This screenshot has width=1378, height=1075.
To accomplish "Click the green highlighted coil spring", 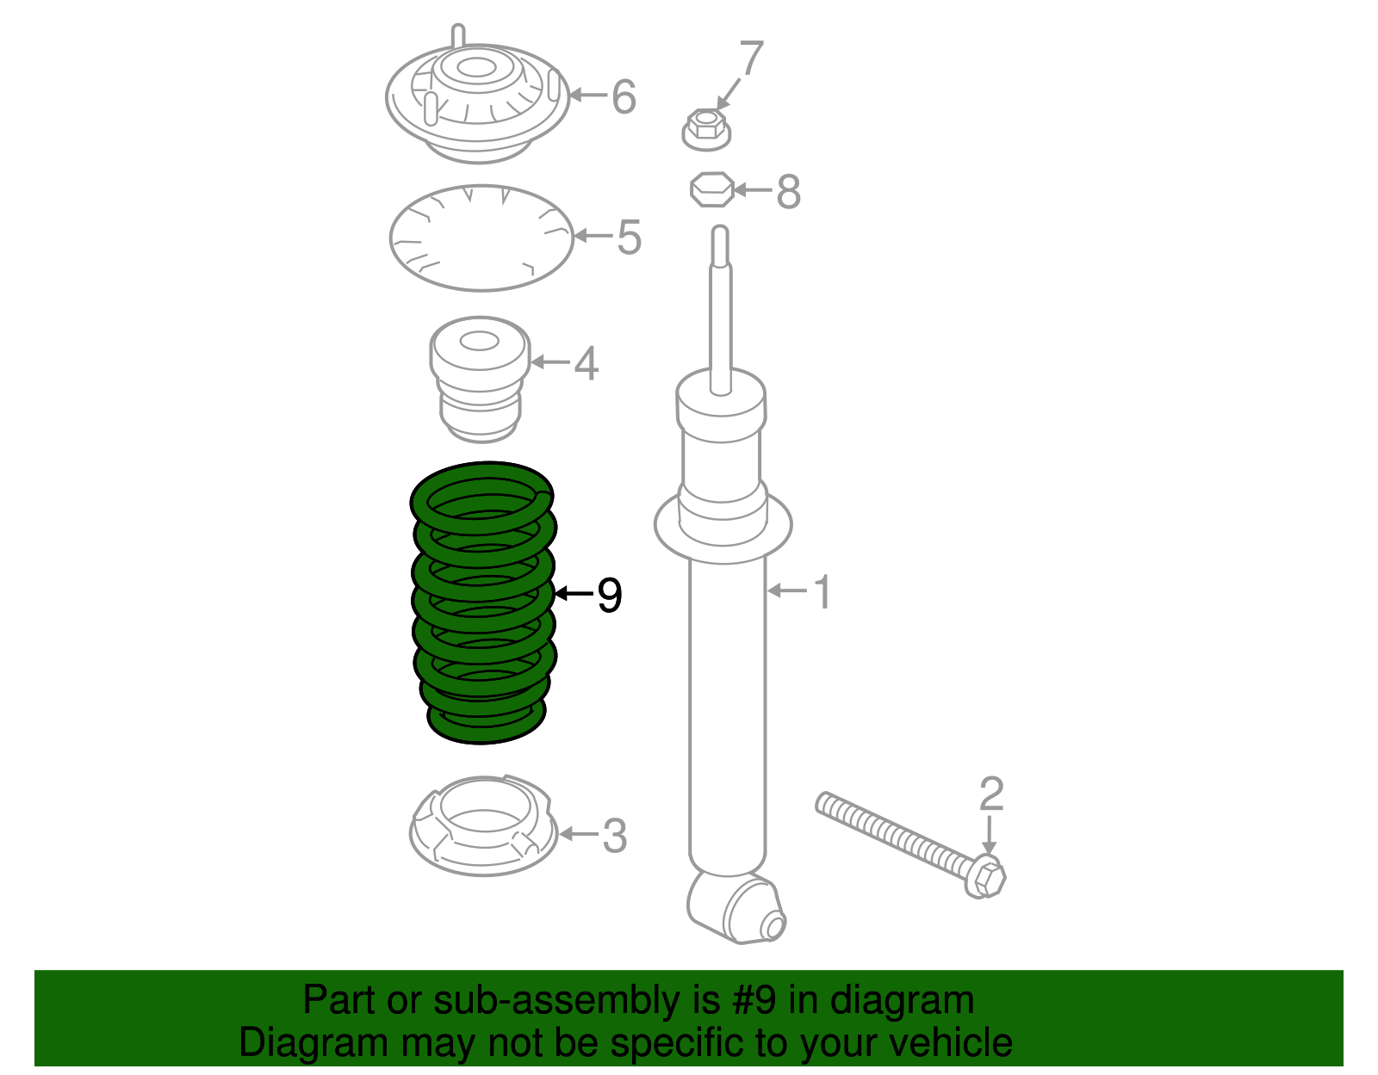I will (x=482, y=602).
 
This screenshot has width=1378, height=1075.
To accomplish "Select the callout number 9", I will (x=609, y=596).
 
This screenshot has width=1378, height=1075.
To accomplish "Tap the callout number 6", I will (x=624, y=96).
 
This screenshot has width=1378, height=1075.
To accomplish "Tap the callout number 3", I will (x=614, y=836).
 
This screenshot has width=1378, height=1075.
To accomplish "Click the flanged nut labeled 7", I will (x=706, y=130).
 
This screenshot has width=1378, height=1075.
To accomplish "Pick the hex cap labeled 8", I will (x=712, y=189).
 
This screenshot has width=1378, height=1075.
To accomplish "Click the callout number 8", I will (x=788, y=192).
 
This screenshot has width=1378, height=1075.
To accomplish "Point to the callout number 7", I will (x=751, y=59).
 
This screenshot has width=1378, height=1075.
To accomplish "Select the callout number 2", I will (x=991, y=794).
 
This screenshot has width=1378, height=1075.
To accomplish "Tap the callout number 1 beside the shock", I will (x=822, y=592).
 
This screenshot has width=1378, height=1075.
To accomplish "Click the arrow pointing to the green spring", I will (x=574, y=593).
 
